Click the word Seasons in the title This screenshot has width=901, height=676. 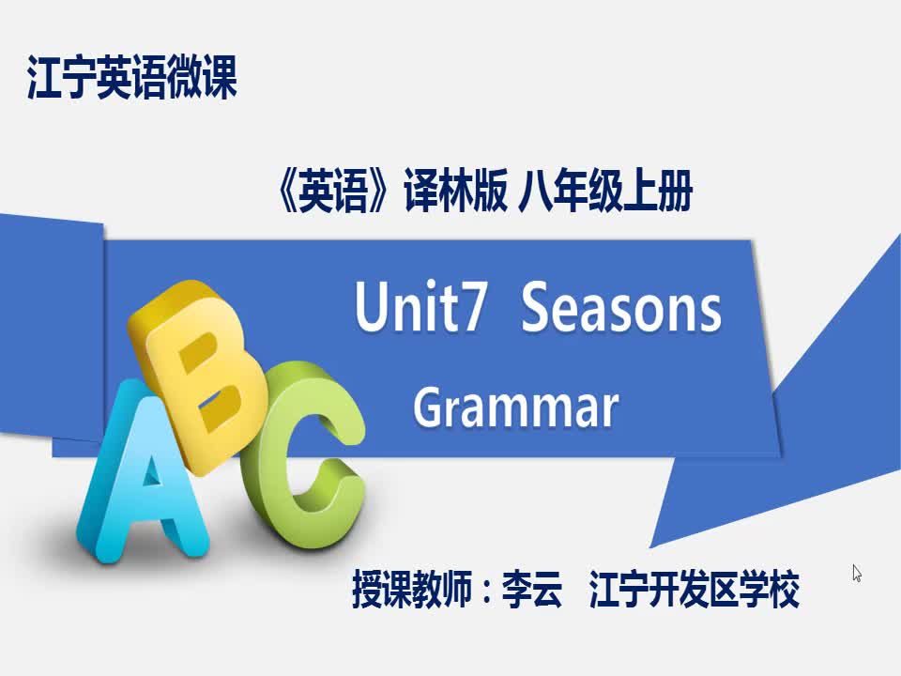(620, 307)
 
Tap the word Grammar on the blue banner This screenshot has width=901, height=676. (516, 406)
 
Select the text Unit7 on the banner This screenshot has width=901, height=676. (421, 306)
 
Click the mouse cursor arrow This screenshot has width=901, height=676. (857, 573)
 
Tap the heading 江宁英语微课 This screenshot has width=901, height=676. (132, 77)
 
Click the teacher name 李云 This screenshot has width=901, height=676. (531, 589)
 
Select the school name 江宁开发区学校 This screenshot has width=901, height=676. (695, 589)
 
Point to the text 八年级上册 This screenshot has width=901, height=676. (605, 191)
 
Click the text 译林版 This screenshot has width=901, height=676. (456, 191)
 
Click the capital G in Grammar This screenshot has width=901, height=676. (430, 407)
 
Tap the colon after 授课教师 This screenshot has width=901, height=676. (487, 591)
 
